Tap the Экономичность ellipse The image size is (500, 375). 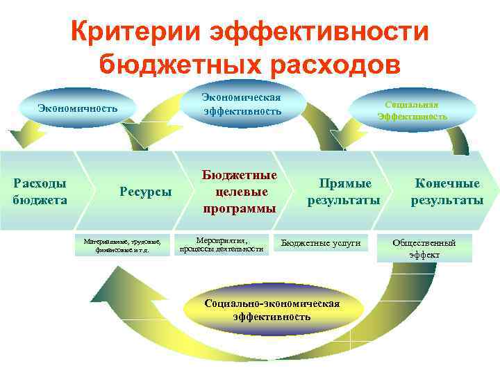(78, 108)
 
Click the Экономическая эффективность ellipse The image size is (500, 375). (242, 103)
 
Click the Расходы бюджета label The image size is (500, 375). (40, 191)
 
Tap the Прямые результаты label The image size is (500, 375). (344, 191)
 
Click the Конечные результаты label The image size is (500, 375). (447, 191)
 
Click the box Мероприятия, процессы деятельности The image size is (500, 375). (221, 244)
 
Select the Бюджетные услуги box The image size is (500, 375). (320, 243)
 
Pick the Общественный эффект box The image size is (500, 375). (424, 248)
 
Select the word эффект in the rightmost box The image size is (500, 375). (424, 254)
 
